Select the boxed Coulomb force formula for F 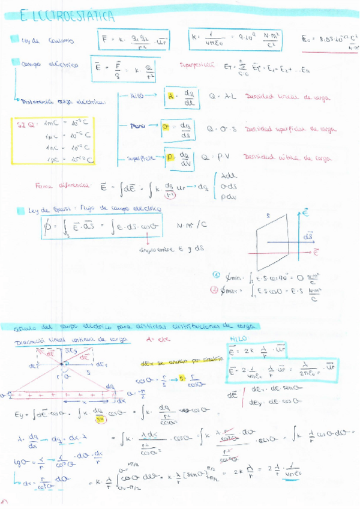pos(136,40)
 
